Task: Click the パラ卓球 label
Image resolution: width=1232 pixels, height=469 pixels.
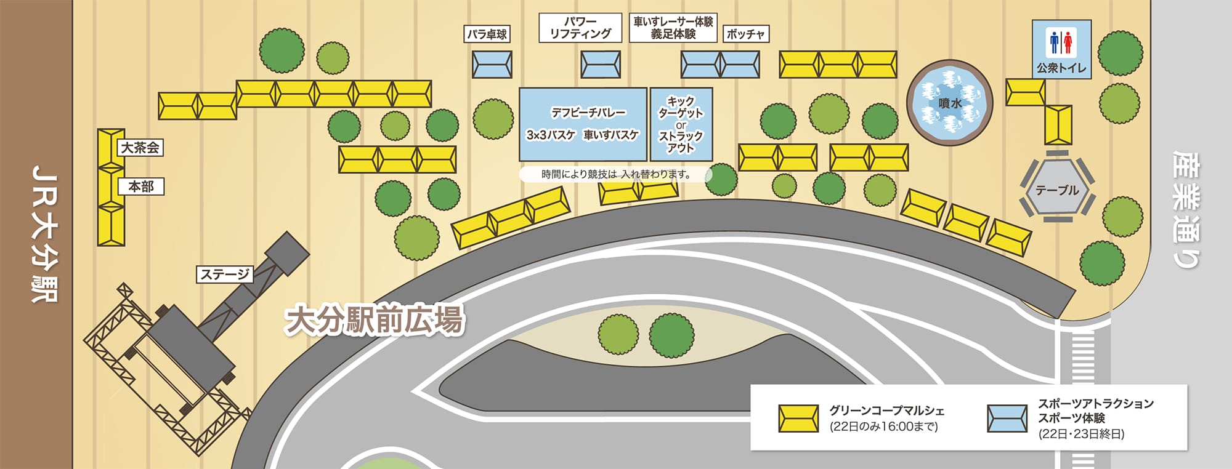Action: click(x=487, y=34)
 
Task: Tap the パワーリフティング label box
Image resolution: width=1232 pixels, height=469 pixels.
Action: click(x=580, y=28)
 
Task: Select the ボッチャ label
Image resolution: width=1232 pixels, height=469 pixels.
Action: click(x=745, y=34)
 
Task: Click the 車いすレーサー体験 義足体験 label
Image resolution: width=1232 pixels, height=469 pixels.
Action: click(x=673, y=28)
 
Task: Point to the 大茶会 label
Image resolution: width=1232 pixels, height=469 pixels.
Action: click(x=140, y=148)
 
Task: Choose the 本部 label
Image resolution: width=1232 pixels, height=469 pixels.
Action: click(x=141, y=186)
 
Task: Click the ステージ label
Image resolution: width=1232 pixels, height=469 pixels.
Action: click(x=225, y=274)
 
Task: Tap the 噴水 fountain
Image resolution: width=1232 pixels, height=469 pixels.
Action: click(x=949, y=103)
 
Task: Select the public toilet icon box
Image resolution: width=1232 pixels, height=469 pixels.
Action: click(x=1061, y=49)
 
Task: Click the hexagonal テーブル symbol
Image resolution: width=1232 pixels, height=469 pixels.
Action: click(x=1057, y=190)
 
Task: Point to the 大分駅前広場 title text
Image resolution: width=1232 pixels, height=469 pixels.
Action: click(x=374, y=320)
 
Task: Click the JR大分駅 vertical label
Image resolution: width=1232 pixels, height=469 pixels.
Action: click(x=44, y=234)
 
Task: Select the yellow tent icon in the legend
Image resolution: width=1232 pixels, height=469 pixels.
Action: click(x=798, y=418)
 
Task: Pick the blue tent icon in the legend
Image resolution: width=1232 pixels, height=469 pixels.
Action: click(x=1007, y=418)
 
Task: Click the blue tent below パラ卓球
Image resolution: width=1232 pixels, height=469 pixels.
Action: click(x=492, y=64)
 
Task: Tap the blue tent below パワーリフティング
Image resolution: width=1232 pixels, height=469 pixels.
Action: click(x=601, y=64)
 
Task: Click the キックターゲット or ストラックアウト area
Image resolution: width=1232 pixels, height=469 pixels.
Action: click(x=681, y=124)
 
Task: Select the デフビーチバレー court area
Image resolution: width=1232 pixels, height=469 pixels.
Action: click(x=583, y=124)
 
